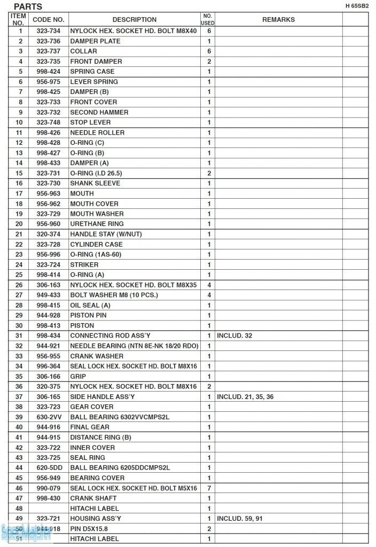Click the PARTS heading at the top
coord(28,6)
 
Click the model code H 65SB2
coord(357,6)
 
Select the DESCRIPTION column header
coord(135,19)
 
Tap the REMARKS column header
coord(278,19)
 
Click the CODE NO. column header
coord(49,19)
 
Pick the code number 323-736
coord(49,41)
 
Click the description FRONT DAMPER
coord(96,61)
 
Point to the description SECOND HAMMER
coord(99,112)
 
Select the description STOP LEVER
coord(91,122)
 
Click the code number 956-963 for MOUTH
coord(49,193)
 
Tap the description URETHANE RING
coord(97,224)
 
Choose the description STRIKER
coord(84,264)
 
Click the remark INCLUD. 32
coord(234,335)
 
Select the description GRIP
coord(78,376)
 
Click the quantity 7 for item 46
coord(209,488)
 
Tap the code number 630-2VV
coord(49,417)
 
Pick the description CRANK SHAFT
coord(93,498)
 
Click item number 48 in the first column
coord(19,509)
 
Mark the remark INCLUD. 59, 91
coord(240,519)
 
